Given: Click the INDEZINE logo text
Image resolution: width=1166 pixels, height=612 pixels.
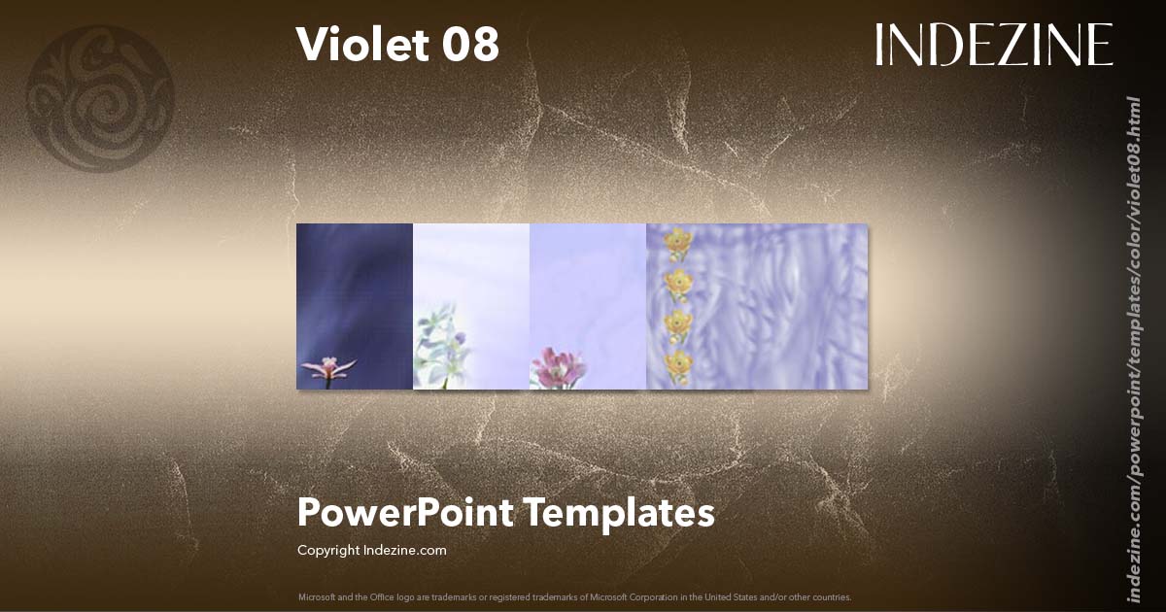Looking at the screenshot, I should coord(993,45).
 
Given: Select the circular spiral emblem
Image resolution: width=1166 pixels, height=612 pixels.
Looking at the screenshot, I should coord(100,98).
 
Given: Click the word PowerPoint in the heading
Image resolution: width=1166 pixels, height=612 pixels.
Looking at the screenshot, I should coord(405,513).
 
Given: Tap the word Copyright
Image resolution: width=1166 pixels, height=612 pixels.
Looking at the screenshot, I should coord(328,551).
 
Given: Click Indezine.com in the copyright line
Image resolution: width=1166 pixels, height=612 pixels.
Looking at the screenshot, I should coord(404,551).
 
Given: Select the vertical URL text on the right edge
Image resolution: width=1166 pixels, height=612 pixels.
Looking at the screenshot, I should coord(1133,350).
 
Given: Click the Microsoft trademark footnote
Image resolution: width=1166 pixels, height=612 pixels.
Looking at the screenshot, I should coord(574,596).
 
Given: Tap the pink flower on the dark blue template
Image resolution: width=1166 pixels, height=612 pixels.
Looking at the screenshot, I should coord(328,368).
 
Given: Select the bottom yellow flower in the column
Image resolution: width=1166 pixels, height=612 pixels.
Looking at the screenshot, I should coord(677,364).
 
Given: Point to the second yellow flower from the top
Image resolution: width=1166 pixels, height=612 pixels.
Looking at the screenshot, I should coord(677,283).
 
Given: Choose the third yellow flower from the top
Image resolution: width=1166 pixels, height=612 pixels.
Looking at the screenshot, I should coord(677,323).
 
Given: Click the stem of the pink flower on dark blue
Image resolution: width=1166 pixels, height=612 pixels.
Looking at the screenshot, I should coord(327,383).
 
